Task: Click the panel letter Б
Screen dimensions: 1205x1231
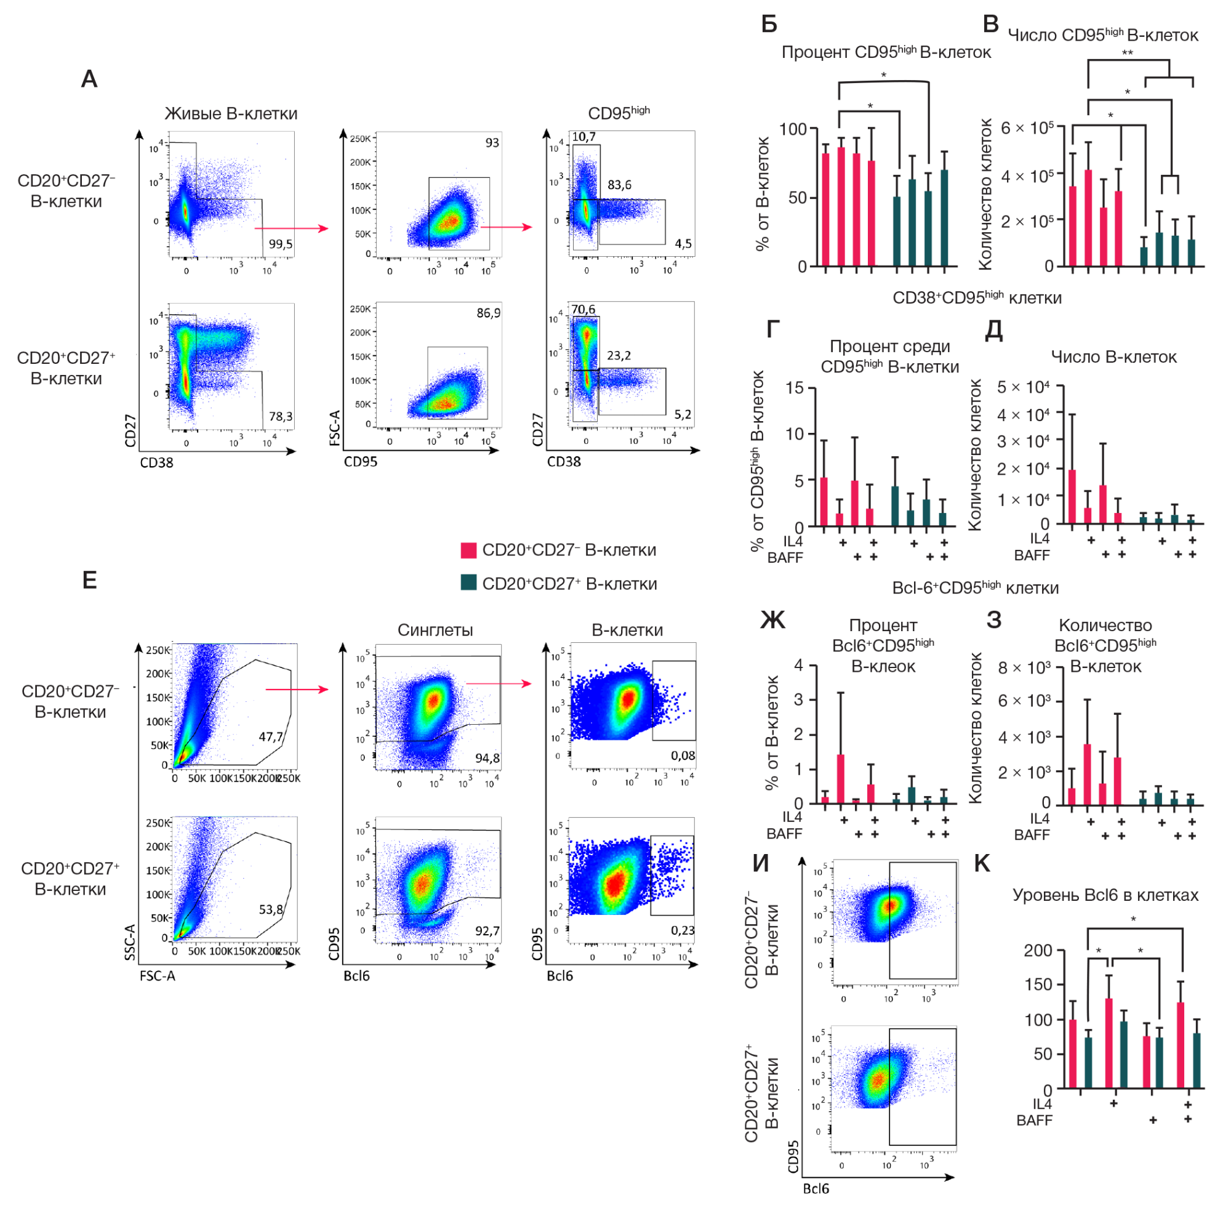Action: (x=769, y=24)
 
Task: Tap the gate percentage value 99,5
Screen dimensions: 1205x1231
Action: (x=280, y=244)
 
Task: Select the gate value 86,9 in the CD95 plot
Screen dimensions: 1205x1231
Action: (x=487, y=313)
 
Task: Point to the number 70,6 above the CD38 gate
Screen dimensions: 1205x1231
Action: (x=583, y=310)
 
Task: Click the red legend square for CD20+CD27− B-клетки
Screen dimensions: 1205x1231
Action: (x=469, y=550)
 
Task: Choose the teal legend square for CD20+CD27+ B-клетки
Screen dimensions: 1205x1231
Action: (x=469, y=583)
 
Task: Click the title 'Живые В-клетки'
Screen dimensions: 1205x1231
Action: (x=231, y=114)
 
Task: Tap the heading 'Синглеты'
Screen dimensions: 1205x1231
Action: (x=435, y=630)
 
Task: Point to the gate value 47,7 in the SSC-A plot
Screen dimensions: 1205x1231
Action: (x=271, y=736)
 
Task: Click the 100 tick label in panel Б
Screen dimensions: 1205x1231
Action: (x=793, y=129)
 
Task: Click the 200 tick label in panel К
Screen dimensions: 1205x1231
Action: (x=1038, y=951)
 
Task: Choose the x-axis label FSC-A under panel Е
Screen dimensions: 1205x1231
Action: (x=158, y=976)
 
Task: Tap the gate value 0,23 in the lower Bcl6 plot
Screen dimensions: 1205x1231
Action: (x=683, y=930)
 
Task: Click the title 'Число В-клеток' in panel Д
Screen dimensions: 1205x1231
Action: (x=1113, y=357)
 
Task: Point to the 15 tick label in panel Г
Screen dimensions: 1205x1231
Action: (x=795, y=387)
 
